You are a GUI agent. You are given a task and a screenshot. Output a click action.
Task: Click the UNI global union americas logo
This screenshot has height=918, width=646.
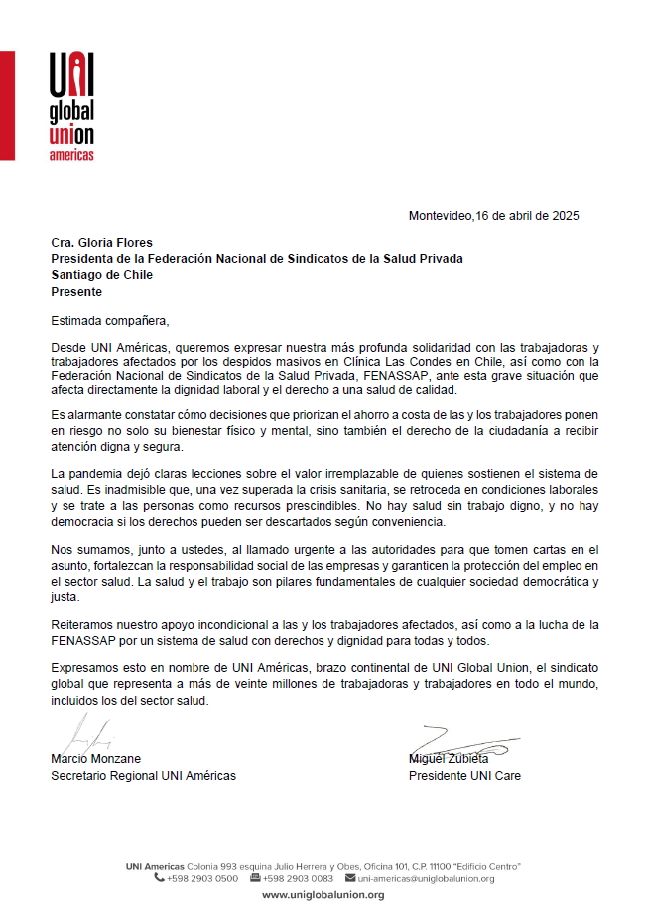71,106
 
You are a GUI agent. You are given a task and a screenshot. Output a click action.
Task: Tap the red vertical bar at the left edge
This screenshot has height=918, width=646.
7,104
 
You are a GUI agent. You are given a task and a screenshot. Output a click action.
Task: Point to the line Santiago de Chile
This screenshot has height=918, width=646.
101,275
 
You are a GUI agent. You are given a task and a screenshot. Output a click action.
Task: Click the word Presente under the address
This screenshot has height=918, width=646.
76,292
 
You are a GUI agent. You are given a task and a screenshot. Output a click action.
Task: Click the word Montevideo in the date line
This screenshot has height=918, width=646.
441,216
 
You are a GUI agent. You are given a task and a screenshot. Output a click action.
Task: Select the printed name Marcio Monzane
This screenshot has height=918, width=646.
95,759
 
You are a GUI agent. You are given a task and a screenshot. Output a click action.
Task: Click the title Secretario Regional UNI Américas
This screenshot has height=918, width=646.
143,776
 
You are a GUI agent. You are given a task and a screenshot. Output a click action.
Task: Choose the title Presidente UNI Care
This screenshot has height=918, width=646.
464,776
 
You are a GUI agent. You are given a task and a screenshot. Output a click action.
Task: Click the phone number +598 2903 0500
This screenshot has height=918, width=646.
202,878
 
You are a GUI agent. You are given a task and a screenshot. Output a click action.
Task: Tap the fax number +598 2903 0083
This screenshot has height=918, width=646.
298,878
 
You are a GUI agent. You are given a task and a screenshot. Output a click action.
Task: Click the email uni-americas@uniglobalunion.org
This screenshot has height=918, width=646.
426,878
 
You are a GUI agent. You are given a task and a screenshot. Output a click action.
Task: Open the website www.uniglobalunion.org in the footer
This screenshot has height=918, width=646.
323,895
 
